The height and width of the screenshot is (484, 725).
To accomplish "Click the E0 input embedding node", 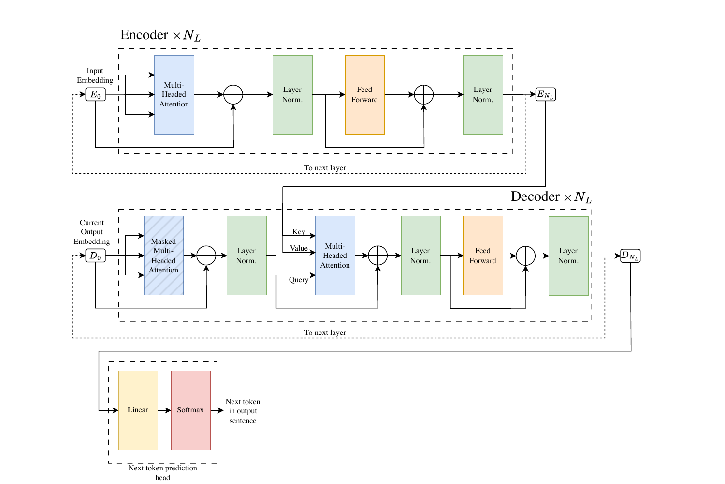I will click(x=95, y=94).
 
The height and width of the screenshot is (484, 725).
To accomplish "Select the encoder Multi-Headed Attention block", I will click(x=174, y=94).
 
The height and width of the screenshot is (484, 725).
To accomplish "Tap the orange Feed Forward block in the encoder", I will click(x=365, y=94).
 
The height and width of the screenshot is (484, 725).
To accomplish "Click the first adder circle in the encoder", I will click(x=233, y=94).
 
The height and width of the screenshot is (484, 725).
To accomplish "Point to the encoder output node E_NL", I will click(x=545, y=94).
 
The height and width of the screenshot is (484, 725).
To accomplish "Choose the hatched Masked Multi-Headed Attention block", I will click(x=164, y=256).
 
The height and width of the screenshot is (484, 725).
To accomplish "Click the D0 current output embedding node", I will click(x=95, y=256).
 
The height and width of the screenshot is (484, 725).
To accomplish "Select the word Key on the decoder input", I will click(x=299, y=232).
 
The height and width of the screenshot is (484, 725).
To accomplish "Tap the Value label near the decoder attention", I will click(x=299, y=248).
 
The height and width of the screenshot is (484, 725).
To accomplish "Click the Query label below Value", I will click(x=299, y=280).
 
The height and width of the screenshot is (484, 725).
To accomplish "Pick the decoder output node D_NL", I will click(x=630, y=256).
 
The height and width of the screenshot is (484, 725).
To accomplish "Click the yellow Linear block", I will click(x=138, y=410).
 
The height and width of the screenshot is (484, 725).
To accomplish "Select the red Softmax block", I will click(x=190, y=410).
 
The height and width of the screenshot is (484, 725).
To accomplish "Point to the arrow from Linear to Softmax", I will click(x=164, y=410).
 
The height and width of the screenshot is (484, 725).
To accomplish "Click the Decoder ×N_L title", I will click(x=551, y=197).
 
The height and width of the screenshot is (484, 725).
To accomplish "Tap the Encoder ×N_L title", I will click(x=160, y=35).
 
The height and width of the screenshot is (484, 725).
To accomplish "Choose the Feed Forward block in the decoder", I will click(x=483, y=256).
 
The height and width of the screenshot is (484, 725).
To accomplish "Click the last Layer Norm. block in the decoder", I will click(x=568, y=256).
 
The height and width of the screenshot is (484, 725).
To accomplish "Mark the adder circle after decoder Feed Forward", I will click(x=525, y=256).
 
